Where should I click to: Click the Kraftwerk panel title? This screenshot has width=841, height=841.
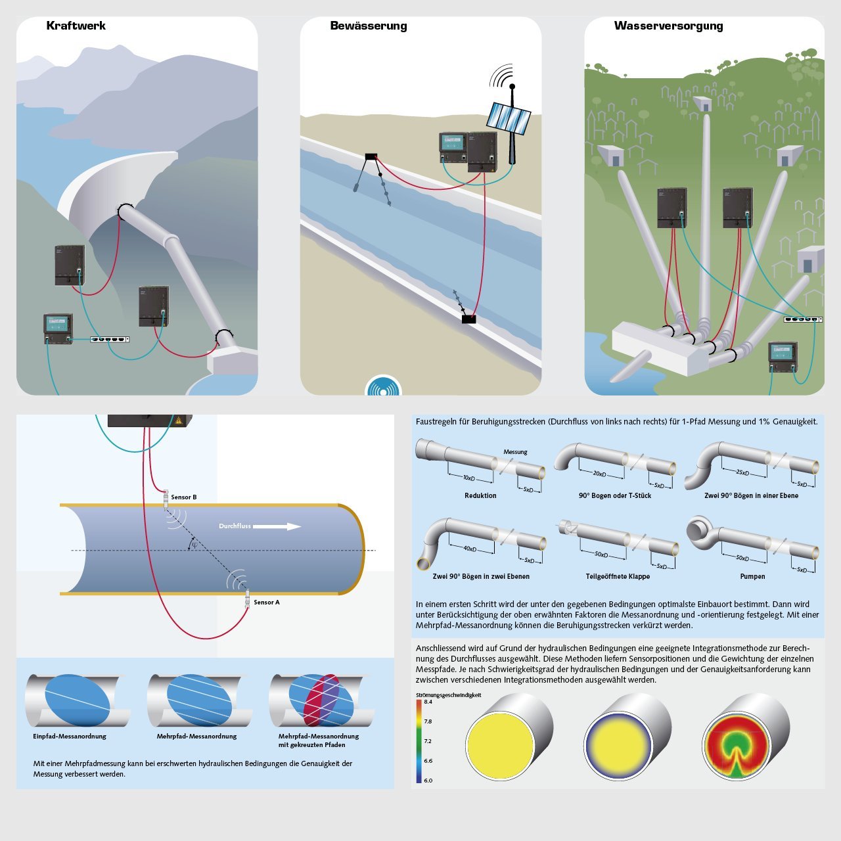click(x=76, y=26)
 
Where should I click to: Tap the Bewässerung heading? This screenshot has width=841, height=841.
click(x=368, y=26)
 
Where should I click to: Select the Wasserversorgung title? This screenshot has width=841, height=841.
click(x=668, y=26)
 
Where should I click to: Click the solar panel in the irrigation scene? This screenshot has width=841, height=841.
click(x=508, y=118)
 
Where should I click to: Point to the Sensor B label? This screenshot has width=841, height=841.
click(x=183, y=497)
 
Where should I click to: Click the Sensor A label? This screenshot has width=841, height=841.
click(x=266, y=602)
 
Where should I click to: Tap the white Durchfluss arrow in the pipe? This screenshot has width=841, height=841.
click(x=277, y=526)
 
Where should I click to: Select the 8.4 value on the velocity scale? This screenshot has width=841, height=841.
click(x=428, y=702)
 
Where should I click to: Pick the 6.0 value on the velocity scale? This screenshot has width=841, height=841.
click(x=428, y=781)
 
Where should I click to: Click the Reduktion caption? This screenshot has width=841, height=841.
click(x=480, y=495)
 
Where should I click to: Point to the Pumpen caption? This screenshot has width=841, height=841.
click(x=752, y=576)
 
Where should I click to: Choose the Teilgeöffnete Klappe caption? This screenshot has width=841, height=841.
click(x=618, y=576)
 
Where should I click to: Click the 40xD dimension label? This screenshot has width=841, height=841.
click(x=469, y=549)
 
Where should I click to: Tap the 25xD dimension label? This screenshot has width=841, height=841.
click(x=742, y=472)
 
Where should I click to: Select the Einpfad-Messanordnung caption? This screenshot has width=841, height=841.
click(x=70, y=737)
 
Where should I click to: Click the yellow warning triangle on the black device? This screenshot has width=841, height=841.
click(x=177, y=420)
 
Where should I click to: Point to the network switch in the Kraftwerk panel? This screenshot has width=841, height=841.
click(x=110, y=340)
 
